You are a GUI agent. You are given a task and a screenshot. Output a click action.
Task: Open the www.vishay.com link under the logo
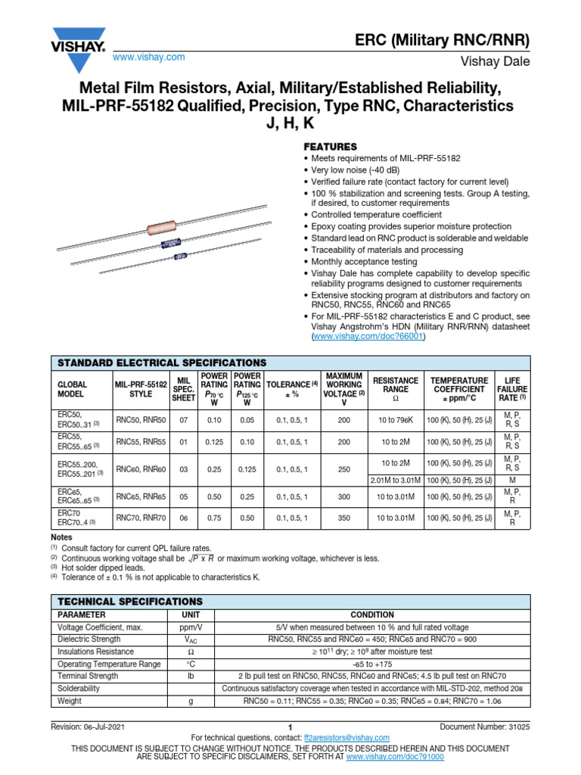click(148, 58)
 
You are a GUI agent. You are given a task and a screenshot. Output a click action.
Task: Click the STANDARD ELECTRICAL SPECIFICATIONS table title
click(159, 363)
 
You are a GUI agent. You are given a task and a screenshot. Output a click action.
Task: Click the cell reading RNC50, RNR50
click(141, 420)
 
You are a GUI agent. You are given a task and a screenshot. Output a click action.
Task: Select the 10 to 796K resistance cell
click(395, 420)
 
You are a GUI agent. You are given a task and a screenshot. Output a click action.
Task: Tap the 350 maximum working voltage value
click(344, 518)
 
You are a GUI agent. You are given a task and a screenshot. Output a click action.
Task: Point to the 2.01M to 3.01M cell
click(395, 480)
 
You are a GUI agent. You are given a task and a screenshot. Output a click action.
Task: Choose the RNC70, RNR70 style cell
click(141, 518)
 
